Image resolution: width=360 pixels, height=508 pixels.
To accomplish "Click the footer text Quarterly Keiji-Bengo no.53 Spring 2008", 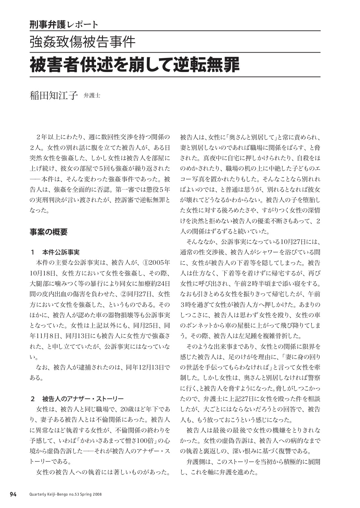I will tap(65, 494).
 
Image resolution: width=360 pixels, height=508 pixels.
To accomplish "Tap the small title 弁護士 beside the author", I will tap(92, 95).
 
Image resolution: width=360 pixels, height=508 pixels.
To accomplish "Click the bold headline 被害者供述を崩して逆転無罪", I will tap(135, 65).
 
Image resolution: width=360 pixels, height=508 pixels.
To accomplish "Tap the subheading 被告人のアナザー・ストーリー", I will tap(83, 399).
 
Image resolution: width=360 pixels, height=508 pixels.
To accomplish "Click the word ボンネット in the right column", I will tap(201, 325).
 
